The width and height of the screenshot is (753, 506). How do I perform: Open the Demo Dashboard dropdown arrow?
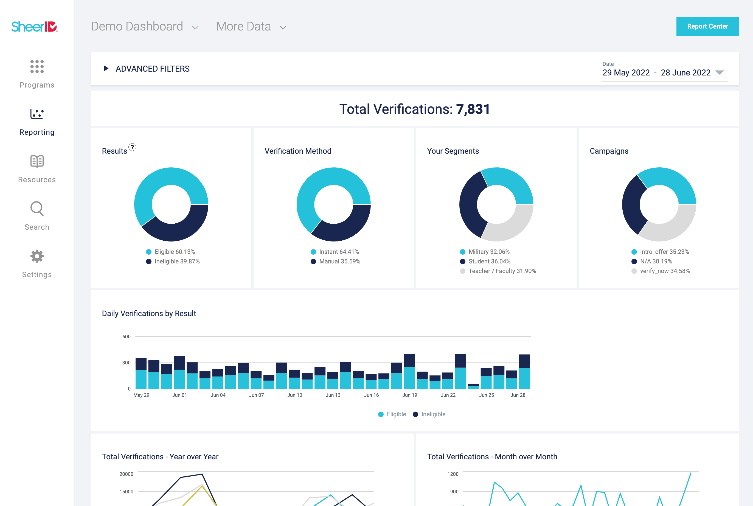[x=195, y=28]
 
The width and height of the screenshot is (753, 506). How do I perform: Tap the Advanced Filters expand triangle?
[x=105, y=68]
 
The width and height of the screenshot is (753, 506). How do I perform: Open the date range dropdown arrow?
[x=719, y=72]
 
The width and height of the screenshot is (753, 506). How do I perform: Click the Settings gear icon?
[x=37, y=256]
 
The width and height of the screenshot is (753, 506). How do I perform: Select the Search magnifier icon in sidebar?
[x=37, y=209]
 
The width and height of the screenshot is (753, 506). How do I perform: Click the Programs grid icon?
[x=37, y=66]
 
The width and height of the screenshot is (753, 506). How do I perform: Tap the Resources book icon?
[x=37, y=161]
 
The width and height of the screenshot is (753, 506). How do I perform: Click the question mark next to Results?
[x=132, y=147]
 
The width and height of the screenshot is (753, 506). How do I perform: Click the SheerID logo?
[x=35, y=26]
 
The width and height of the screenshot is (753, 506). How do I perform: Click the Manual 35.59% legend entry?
[x=336, y=262]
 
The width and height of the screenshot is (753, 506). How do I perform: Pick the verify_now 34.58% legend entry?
[x=661, y=271]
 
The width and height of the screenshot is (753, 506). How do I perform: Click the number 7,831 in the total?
[x=473, y=109]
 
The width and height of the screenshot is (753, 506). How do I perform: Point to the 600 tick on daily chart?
[x=126, y=337]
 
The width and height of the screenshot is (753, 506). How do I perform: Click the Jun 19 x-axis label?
[x=409, y=395]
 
